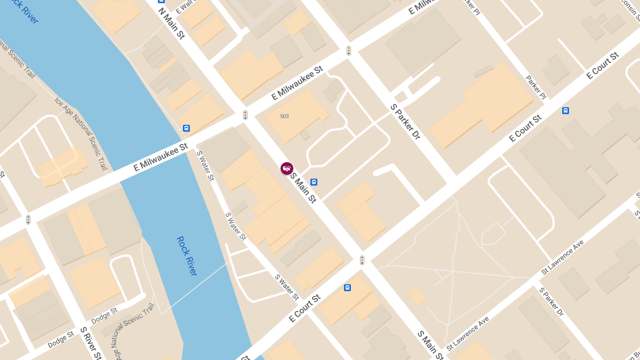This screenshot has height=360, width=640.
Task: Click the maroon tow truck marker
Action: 287,169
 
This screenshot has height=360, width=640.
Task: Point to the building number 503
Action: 284,116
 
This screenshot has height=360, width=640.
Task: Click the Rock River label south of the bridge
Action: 187,256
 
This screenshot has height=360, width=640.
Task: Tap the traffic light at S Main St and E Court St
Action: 362,260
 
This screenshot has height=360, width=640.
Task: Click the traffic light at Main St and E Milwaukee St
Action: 245,115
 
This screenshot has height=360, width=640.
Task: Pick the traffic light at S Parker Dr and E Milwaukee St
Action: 349,51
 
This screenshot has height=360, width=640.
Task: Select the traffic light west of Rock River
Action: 28,219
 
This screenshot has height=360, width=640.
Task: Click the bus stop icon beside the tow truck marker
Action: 314,182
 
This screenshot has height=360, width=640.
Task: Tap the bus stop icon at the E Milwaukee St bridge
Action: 186,128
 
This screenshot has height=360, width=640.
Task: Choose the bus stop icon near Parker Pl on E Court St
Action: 565,111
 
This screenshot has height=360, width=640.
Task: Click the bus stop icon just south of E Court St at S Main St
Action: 347,287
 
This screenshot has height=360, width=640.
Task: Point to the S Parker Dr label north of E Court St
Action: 405,122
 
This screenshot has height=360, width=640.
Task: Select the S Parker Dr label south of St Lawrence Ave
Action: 551,302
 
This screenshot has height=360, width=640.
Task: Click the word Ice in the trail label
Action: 58,101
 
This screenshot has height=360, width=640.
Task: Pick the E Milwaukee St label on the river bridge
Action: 161,156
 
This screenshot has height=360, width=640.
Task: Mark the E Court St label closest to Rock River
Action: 304,308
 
